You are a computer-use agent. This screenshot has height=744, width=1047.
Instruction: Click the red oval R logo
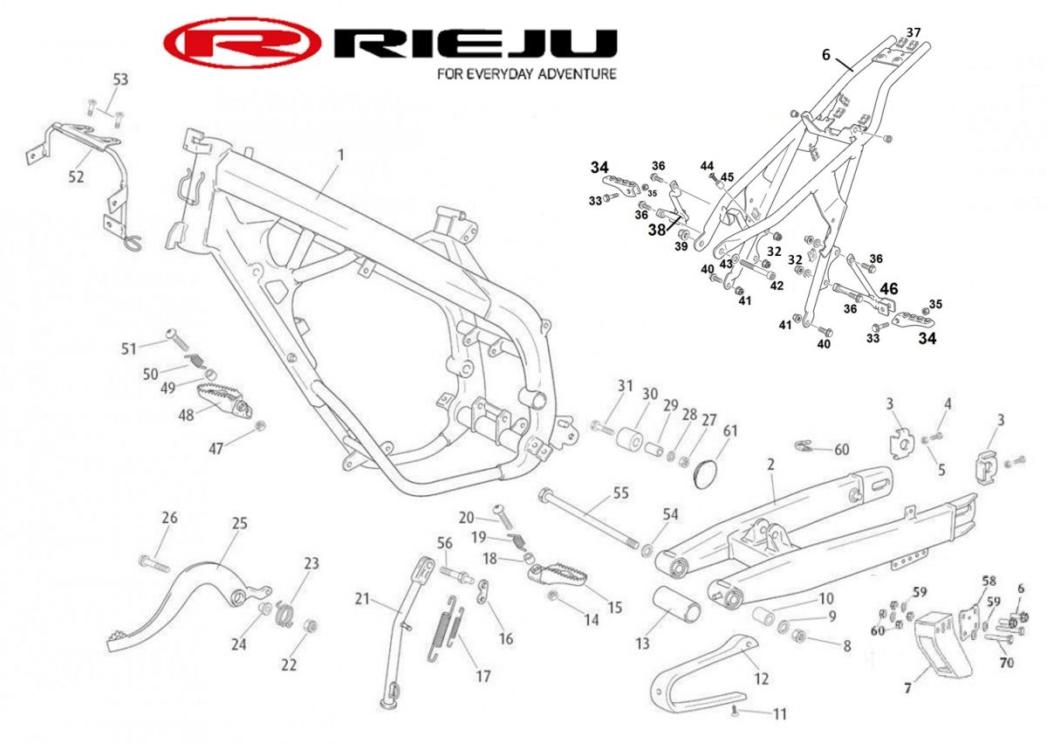coord(243,43)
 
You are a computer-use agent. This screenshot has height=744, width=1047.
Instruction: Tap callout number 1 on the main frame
coord(341,155)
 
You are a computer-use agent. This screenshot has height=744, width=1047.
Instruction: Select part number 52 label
coord(76,177)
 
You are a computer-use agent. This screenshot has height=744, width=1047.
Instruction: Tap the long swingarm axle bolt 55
coord(590,520)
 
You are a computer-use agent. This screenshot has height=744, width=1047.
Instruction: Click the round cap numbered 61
coord(705,474)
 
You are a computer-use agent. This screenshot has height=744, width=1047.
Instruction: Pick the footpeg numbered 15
coord(558,575)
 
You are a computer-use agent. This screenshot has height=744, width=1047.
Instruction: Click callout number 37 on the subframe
coord(914,32)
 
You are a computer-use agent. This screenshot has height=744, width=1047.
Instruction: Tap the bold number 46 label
coord(888,289)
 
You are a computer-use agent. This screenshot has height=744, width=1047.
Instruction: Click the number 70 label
coord(1006,663)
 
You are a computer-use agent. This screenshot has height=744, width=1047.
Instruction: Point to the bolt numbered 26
coord(154,563)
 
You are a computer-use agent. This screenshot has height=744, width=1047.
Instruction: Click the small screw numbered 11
coord(736,713)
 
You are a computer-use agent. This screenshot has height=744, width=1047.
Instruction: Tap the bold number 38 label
coord(656,230)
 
